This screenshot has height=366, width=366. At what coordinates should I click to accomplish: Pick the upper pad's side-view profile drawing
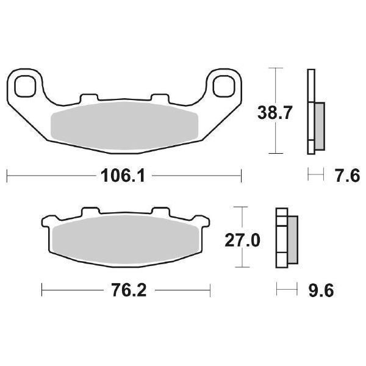click(315, 113)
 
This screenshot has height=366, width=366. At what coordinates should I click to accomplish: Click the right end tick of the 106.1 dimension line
click(242, 177)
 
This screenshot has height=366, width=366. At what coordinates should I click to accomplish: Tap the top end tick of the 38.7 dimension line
click(278, 68)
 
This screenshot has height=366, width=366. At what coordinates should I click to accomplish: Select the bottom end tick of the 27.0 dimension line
click(244, 268)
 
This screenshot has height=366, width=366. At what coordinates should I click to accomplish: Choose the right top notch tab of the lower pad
click(161, 211)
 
